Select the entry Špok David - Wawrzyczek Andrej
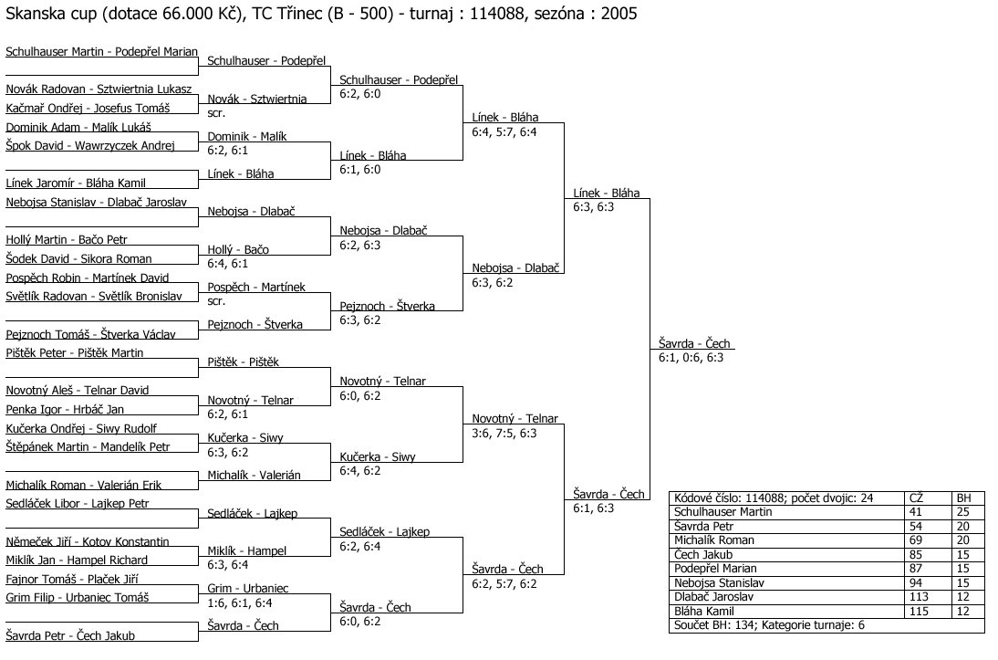pos(89,145)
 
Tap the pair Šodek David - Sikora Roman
pos(78,258)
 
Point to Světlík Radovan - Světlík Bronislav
pos(94,296)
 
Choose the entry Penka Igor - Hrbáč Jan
pos(65,409)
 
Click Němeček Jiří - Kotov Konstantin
pos(88,541)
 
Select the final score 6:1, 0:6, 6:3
pos(691,358)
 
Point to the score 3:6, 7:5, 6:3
pos(504,433)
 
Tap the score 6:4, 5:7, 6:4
pos(504,131)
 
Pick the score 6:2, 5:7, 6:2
pos(504,583)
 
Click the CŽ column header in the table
pos(917,498)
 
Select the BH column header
pos(963,498)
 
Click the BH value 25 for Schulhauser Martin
pos(962,512)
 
